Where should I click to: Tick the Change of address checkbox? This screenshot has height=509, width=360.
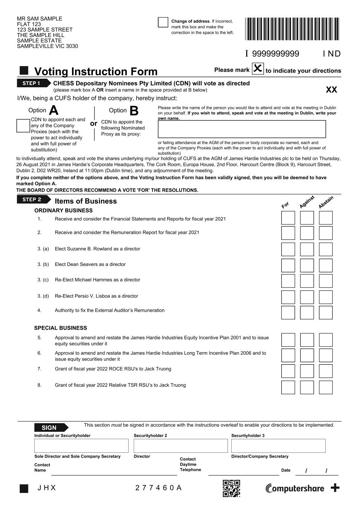point(163,22)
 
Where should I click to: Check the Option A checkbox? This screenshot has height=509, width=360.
point(23,126)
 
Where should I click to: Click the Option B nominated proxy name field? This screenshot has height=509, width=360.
point(242,129)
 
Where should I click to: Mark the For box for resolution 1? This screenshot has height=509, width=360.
point(288,218)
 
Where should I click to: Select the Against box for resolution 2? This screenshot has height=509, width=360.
point(307,233)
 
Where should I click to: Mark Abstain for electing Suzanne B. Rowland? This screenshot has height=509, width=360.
point(326,249)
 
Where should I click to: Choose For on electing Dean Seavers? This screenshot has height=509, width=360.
point(288,266)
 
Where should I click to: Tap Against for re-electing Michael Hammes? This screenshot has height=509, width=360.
point(307,281)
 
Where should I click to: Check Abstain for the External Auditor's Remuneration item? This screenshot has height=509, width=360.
point(326,312)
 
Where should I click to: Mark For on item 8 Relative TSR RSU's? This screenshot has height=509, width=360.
point(288,387)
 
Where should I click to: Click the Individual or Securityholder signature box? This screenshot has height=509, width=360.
point(81,446)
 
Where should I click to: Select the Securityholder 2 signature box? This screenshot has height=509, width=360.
point(181,446)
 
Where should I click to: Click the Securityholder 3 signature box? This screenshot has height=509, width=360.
point(278,446)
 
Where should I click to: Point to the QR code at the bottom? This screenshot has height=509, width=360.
point(231,488)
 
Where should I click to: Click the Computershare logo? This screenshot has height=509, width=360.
point(295,488)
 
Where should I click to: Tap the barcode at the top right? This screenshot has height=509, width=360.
point(292,29)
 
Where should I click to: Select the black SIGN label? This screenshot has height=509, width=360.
point(51,428)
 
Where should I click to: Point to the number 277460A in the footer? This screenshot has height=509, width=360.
point(159,488)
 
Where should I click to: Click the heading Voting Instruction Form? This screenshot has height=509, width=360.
point(96,71)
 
